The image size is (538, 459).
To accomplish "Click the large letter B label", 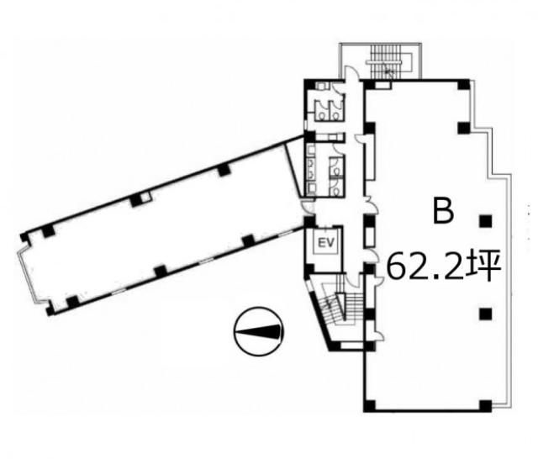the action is click(443, 211).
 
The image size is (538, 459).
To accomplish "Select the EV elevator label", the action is click(326, 243).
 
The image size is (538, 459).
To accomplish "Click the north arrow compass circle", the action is click(258, 331).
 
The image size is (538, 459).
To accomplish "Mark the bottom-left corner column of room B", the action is click(369, 405).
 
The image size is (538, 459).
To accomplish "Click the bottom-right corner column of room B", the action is click(485, 406).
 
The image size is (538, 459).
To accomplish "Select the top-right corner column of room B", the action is click(463, 85).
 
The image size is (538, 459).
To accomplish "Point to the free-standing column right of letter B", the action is click(486, 221).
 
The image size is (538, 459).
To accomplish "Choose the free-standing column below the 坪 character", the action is click(486, 314).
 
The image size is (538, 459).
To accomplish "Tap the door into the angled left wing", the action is click(309, 208).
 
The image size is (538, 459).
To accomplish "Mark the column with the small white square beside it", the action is click(136, 200).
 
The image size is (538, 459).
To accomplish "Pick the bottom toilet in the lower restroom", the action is click(335, 188).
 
